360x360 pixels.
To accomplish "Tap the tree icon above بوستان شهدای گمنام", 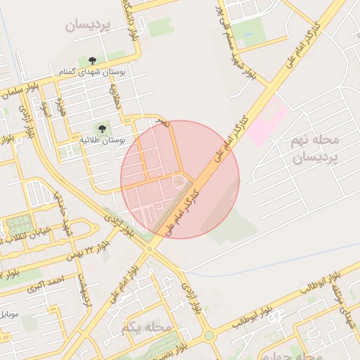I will (x=93, y=60).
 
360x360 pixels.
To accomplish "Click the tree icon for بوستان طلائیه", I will (x=102, y=129).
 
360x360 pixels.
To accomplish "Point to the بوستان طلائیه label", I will (x=102, y=141).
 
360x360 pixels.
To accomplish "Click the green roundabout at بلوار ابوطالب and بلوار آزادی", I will (x=210, y=335).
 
